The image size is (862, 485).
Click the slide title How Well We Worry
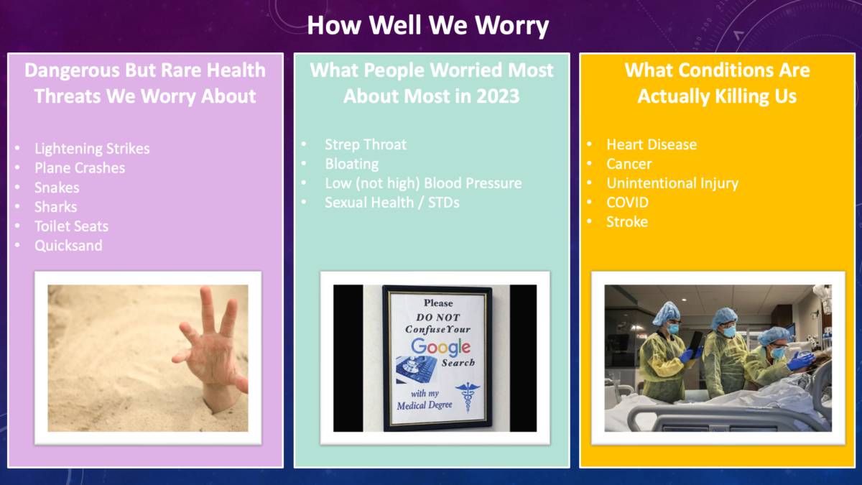[428, 26]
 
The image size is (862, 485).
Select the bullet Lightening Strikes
[92, 149]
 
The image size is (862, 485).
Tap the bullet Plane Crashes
[80, 168]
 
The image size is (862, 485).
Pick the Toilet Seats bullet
[71, 226]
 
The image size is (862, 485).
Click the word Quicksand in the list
[68, 246]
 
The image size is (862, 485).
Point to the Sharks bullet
[55, 207]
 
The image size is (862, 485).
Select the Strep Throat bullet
[365, 144]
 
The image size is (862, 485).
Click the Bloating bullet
[351, 164]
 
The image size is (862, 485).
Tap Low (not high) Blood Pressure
[423, 183]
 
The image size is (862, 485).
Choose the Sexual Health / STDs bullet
[391, 203]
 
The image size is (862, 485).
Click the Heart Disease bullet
[652, 144]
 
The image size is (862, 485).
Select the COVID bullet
[627, 203]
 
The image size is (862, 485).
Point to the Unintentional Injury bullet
[672, 183]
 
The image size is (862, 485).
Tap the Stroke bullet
[627, 222]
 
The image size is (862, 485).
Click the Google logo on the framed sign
[440, 347]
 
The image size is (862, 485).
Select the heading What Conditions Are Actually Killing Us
[717, 83]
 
